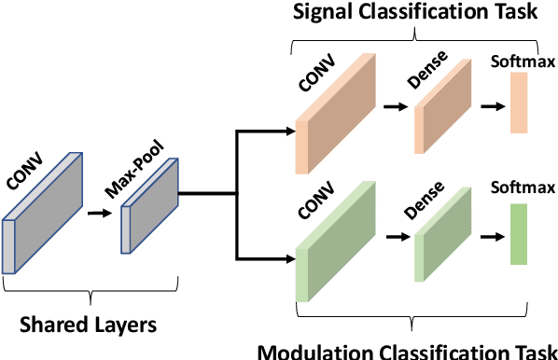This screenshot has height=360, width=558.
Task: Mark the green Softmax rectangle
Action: pos(518,235)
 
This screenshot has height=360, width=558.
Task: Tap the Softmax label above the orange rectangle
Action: pos(519,64)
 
